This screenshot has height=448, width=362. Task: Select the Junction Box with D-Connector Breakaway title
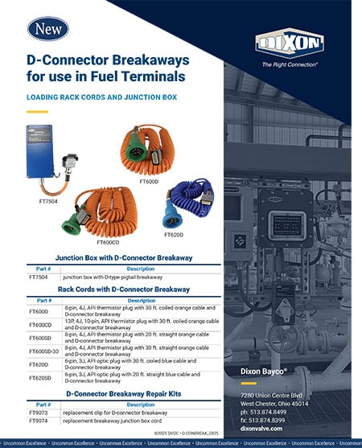(x=122, y=257)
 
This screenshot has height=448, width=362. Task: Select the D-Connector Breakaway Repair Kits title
(x=122, y=395)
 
